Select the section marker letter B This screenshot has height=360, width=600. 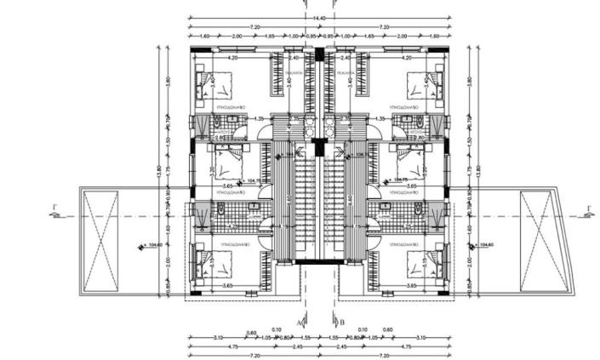point(341,323)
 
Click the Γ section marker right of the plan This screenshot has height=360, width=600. point(587,208)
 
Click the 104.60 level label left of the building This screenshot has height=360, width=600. point(153,247)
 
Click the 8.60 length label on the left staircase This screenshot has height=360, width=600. point(290,197)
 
